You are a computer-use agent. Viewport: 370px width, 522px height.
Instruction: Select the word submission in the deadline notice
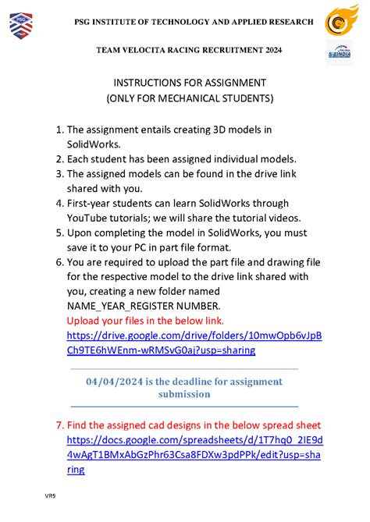point(184,394)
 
